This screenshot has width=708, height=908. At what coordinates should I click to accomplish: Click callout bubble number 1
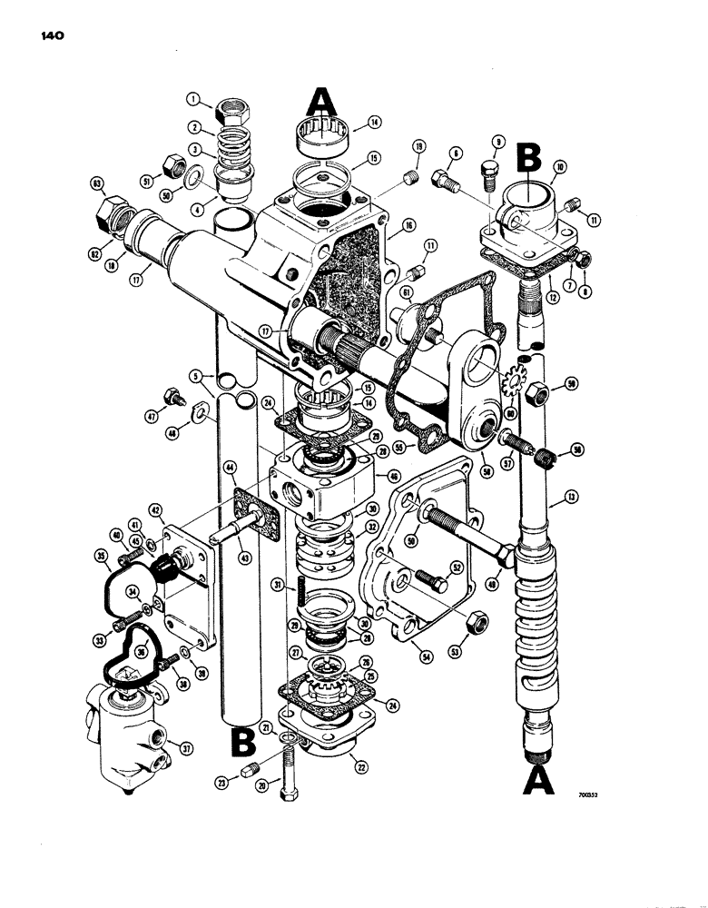pos(192,99)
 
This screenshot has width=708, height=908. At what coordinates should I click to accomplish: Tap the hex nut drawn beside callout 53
pos(472,626)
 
